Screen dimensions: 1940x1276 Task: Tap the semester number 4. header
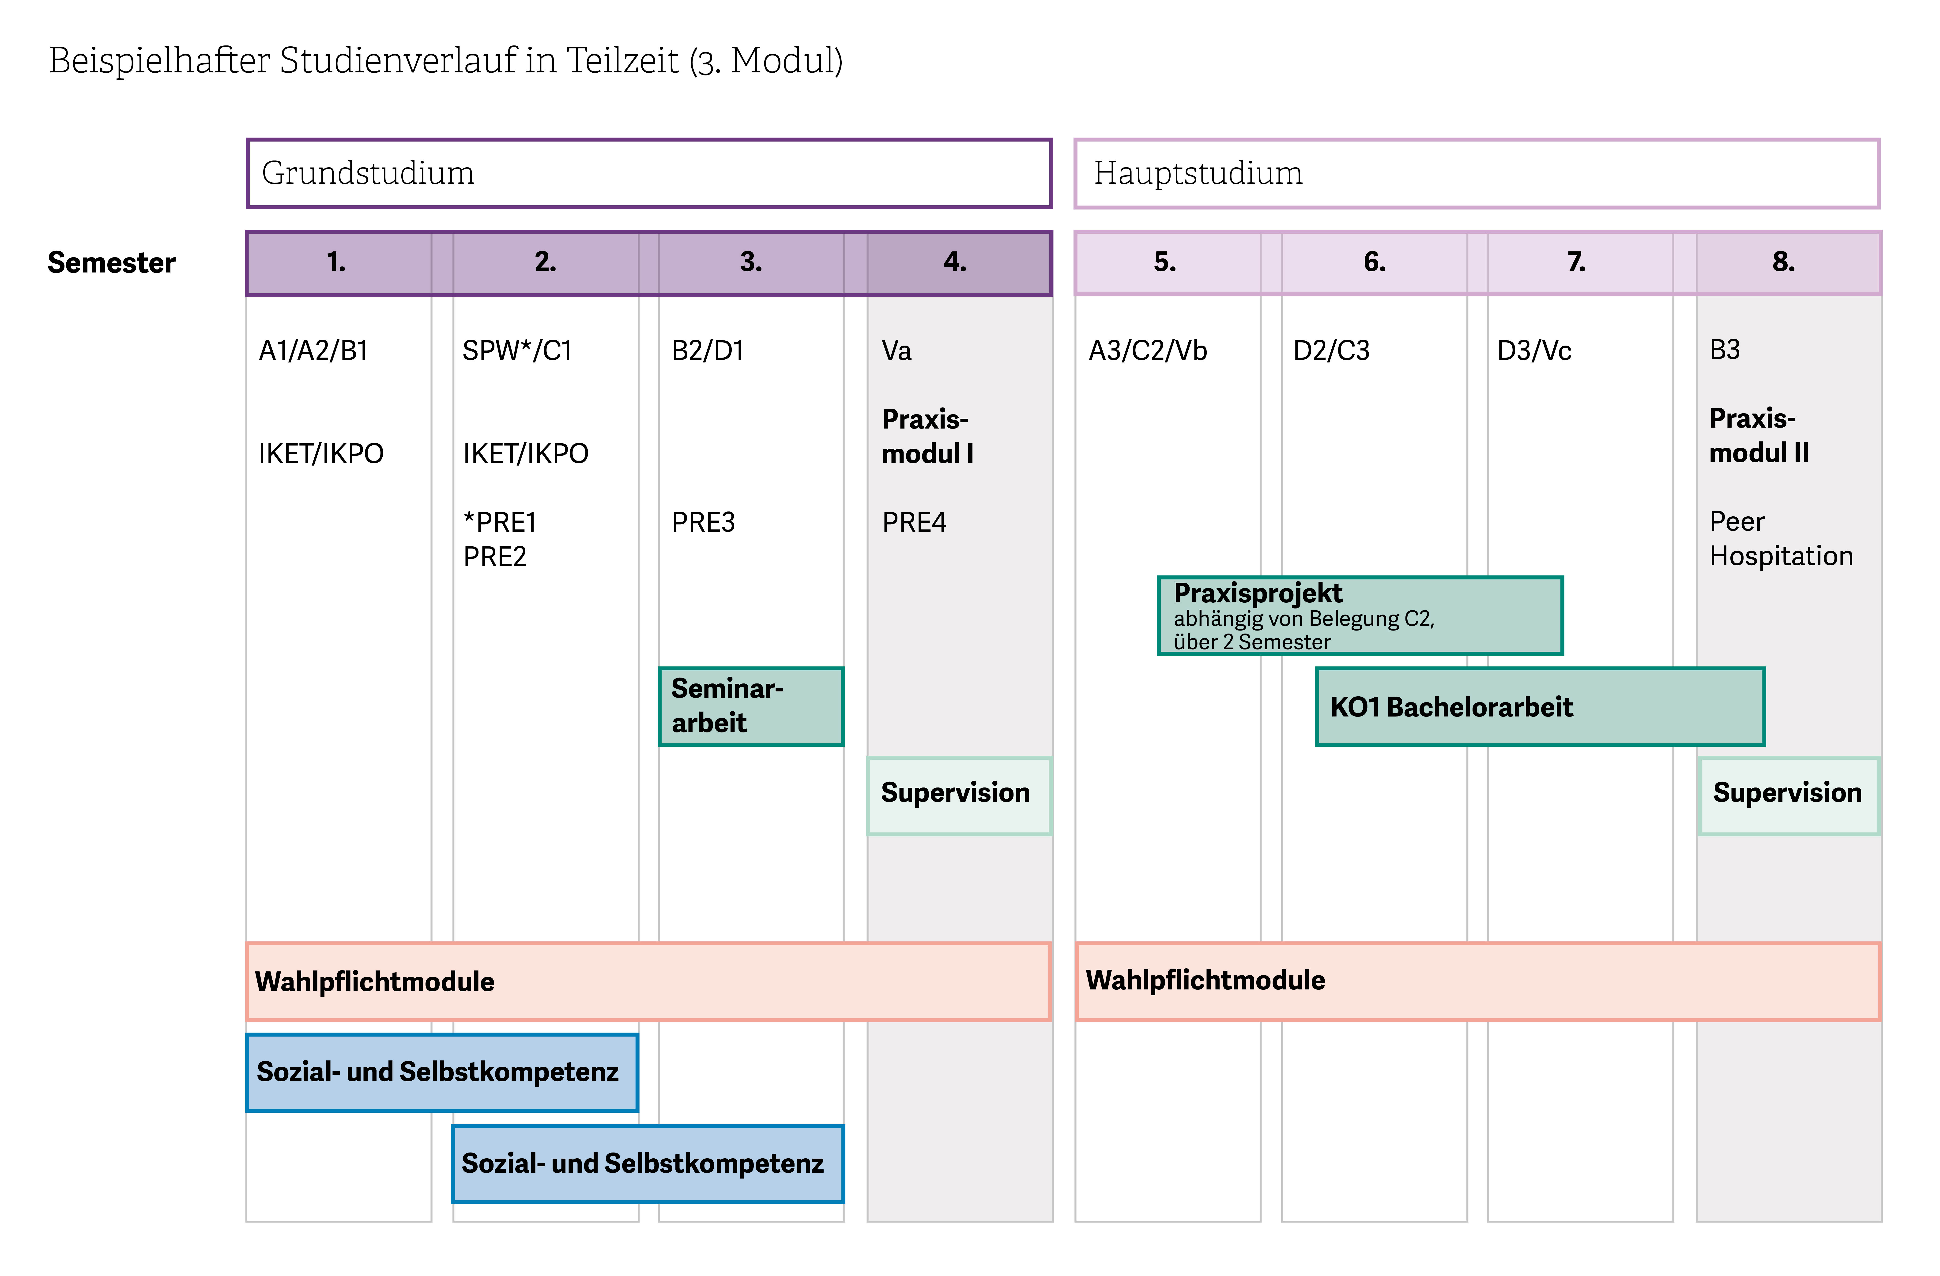954,262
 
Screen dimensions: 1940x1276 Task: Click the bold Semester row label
112,262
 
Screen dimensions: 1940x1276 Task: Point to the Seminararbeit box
751,706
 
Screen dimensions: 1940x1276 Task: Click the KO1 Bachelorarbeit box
1540,706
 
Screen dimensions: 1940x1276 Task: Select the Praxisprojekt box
1360,615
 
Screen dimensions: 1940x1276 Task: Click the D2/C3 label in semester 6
1331,350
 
